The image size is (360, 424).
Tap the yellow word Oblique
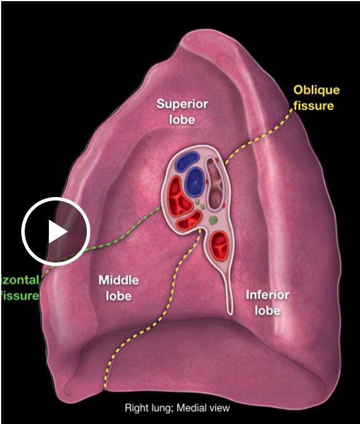click(x=316, y=90)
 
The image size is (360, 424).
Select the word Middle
click(x=118, y=281)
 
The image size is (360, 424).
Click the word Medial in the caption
click(x=193, y=408)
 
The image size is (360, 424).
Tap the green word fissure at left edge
click(x=19, y=296)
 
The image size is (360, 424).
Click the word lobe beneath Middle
click(x=118, y=296)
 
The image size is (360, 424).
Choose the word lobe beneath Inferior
click(x=267, y=311)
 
